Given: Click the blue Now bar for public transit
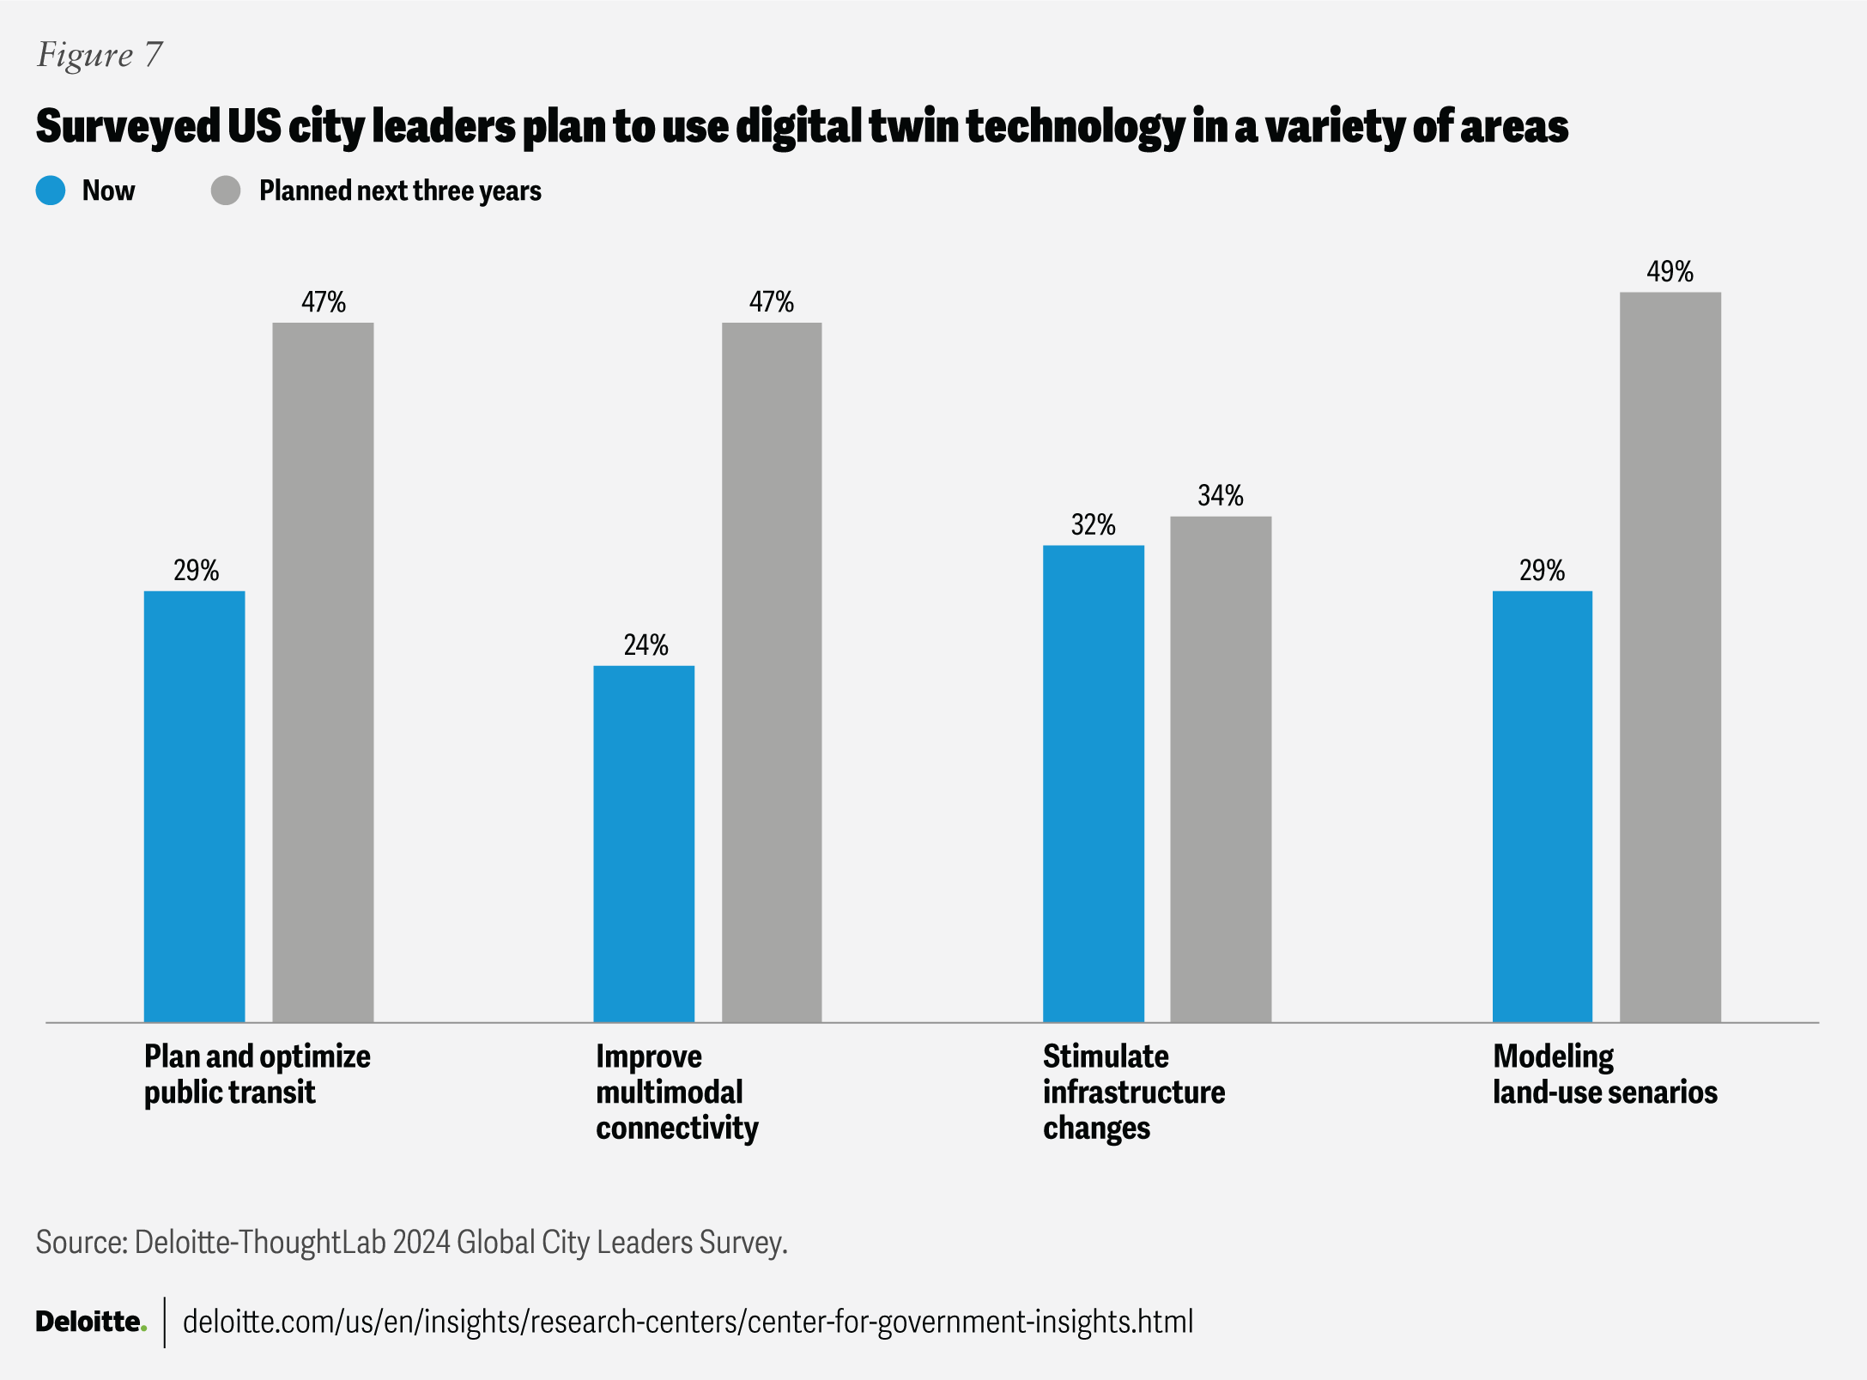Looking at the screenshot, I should click(194, 806).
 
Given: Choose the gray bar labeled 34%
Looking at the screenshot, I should click(1221, 769).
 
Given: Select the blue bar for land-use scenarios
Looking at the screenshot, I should click(1543, 806).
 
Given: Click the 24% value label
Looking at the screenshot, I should click(646, 645).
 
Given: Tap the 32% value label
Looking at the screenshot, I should click(1093, 524).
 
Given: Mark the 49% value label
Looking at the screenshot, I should click(1670, 272).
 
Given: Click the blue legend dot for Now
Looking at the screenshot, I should click(51, 191).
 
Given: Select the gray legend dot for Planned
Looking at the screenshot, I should click(226, 191).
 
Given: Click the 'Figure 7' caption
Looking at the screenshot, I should click(100, 55).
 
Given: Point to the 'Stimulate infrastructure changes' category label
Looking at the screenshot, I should click(1133, 1092).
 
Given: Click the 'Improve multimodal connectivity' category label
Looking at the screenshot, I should click(676, 1092).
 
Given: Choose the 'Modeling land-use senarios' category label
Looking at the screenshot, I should click(1604, 1074).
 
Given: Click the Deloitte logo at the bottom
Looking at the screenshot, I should click(90, 1322).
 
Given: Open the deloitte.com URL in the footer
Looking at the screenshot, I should click(688, 1322).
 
